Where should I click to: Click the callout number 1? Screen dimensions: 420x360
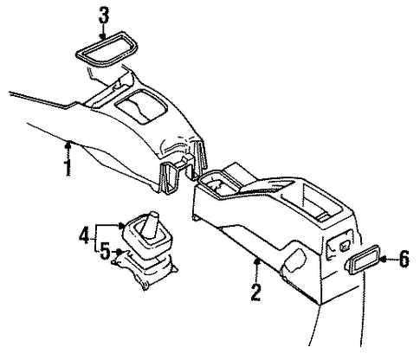coord(68,167)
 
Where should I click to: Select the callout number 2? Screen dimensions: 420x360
coord(256,292)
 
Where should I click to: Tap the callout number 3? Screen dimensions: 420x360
coord(104,16)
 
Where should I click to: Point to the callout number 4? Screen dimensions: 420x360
coord(84,235)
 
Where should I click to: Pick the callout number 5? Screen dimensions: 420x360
coord(106,251)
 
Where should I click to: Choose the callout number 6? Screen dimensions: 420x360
coord(404,259)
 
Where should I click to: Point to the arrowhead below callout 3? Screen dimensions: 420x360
coord(103,36)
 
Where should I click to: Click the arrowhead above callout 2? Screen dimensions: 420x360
coord(256,261)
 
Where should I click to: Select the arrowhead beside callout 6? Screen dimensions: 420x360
coord(384,259)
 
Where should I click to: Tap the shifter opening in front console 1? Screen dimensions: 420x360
coord(141,106)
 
